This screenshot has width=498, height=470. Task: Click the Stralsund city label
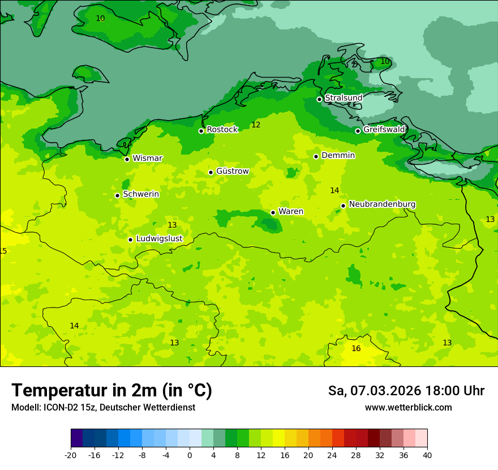[344, 98]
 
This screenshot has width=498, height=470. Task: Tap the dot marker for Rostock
[201, 131]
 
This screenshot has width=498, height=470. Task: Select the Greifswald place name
[384, 130]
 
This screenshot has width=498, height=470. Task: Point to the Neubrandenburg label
[382, 204]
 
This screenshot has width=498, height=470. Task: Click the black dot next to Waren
[273, 212]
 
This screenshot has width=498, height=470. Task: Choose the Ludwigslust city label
[159, 239]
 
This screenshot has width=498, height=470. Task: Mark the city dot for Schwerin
[117, 195]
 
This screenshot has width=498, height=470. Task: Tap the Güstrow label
[232, 171]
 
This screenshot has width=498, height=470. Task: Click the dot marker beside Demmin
[316, 156]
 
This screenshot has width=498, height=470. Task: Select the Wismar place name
[147, 159]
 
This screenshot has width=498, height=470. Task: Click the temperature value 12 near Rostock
[256, 125]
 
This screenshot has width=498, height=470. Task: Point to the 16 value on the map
[356, 349]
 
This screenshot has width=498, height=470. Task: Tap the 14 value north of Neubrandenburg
[334, 191]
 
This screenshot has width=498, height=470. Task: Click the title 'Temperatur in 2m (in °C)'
[111, 390]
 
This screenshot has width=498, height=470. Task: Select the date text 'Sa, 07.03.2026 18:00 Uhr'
[406, 391]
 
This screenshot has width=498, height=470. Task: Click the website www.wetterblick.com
[408, 408]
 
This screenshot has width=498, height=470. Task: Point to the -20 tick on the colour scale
[71, 455]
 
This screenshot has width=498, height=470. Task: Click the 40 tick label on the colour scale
[427, 455]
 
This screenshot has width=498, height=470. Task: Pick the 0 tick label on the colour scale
[190, 455]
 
